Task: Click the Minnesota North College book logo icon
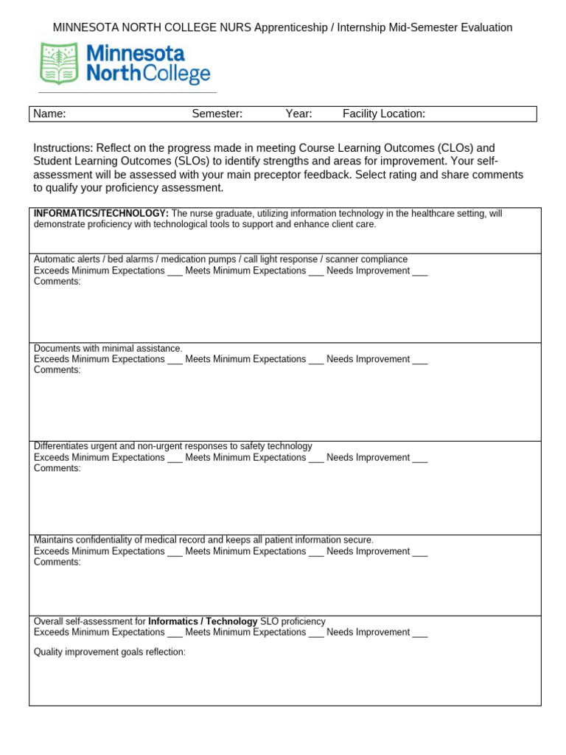point(59,63)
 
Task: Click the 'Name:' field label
point(50,114)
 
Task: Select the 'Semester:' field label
point(217,114)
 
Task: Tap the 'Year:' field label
point(299,114)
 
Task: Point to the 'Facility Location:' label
point(384,114)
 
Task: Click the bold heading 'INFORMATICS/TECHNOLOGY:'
point(102,214)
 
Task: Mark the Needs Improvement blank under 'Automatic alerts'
point(420,271)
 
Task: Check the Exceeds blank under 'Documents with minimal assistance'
point(175,360)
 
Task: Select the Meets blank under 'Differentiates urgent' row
point(316,458)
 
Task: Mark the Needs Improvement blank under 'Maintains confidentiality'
point(420,552)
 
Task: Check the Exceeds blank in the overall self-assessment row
point(175,633)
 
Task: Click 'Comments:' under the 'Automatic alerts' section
point(57,282)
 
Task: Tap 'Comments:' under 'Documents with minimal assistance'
point(57,370)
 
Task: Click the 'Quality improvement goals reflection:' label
point(110,653)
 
